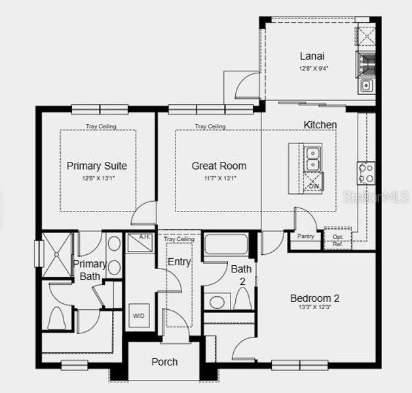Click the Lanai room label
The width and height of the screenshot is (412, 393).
313,56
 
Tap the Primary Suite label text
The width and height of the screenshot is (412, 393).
97,166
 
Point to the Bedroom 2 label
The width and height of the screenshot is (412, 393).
314,298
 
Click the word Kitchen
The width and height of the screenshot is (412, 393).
320,124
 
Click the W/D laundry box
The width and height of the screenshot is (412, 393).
139,315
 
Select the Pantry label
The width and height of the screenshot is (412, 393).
305,236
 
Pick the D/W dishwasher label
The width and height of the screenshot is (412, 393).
313,187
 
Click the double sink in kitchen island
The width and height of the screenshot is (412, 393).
313,159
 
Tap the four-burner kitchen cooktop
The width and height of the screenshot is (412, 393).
365,172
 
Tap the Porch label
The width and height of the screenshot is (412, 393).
164,362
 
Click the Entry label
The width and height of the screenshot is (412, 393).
179,262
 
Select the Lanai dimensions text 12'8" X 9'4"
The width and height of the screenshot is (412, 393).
313,67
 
